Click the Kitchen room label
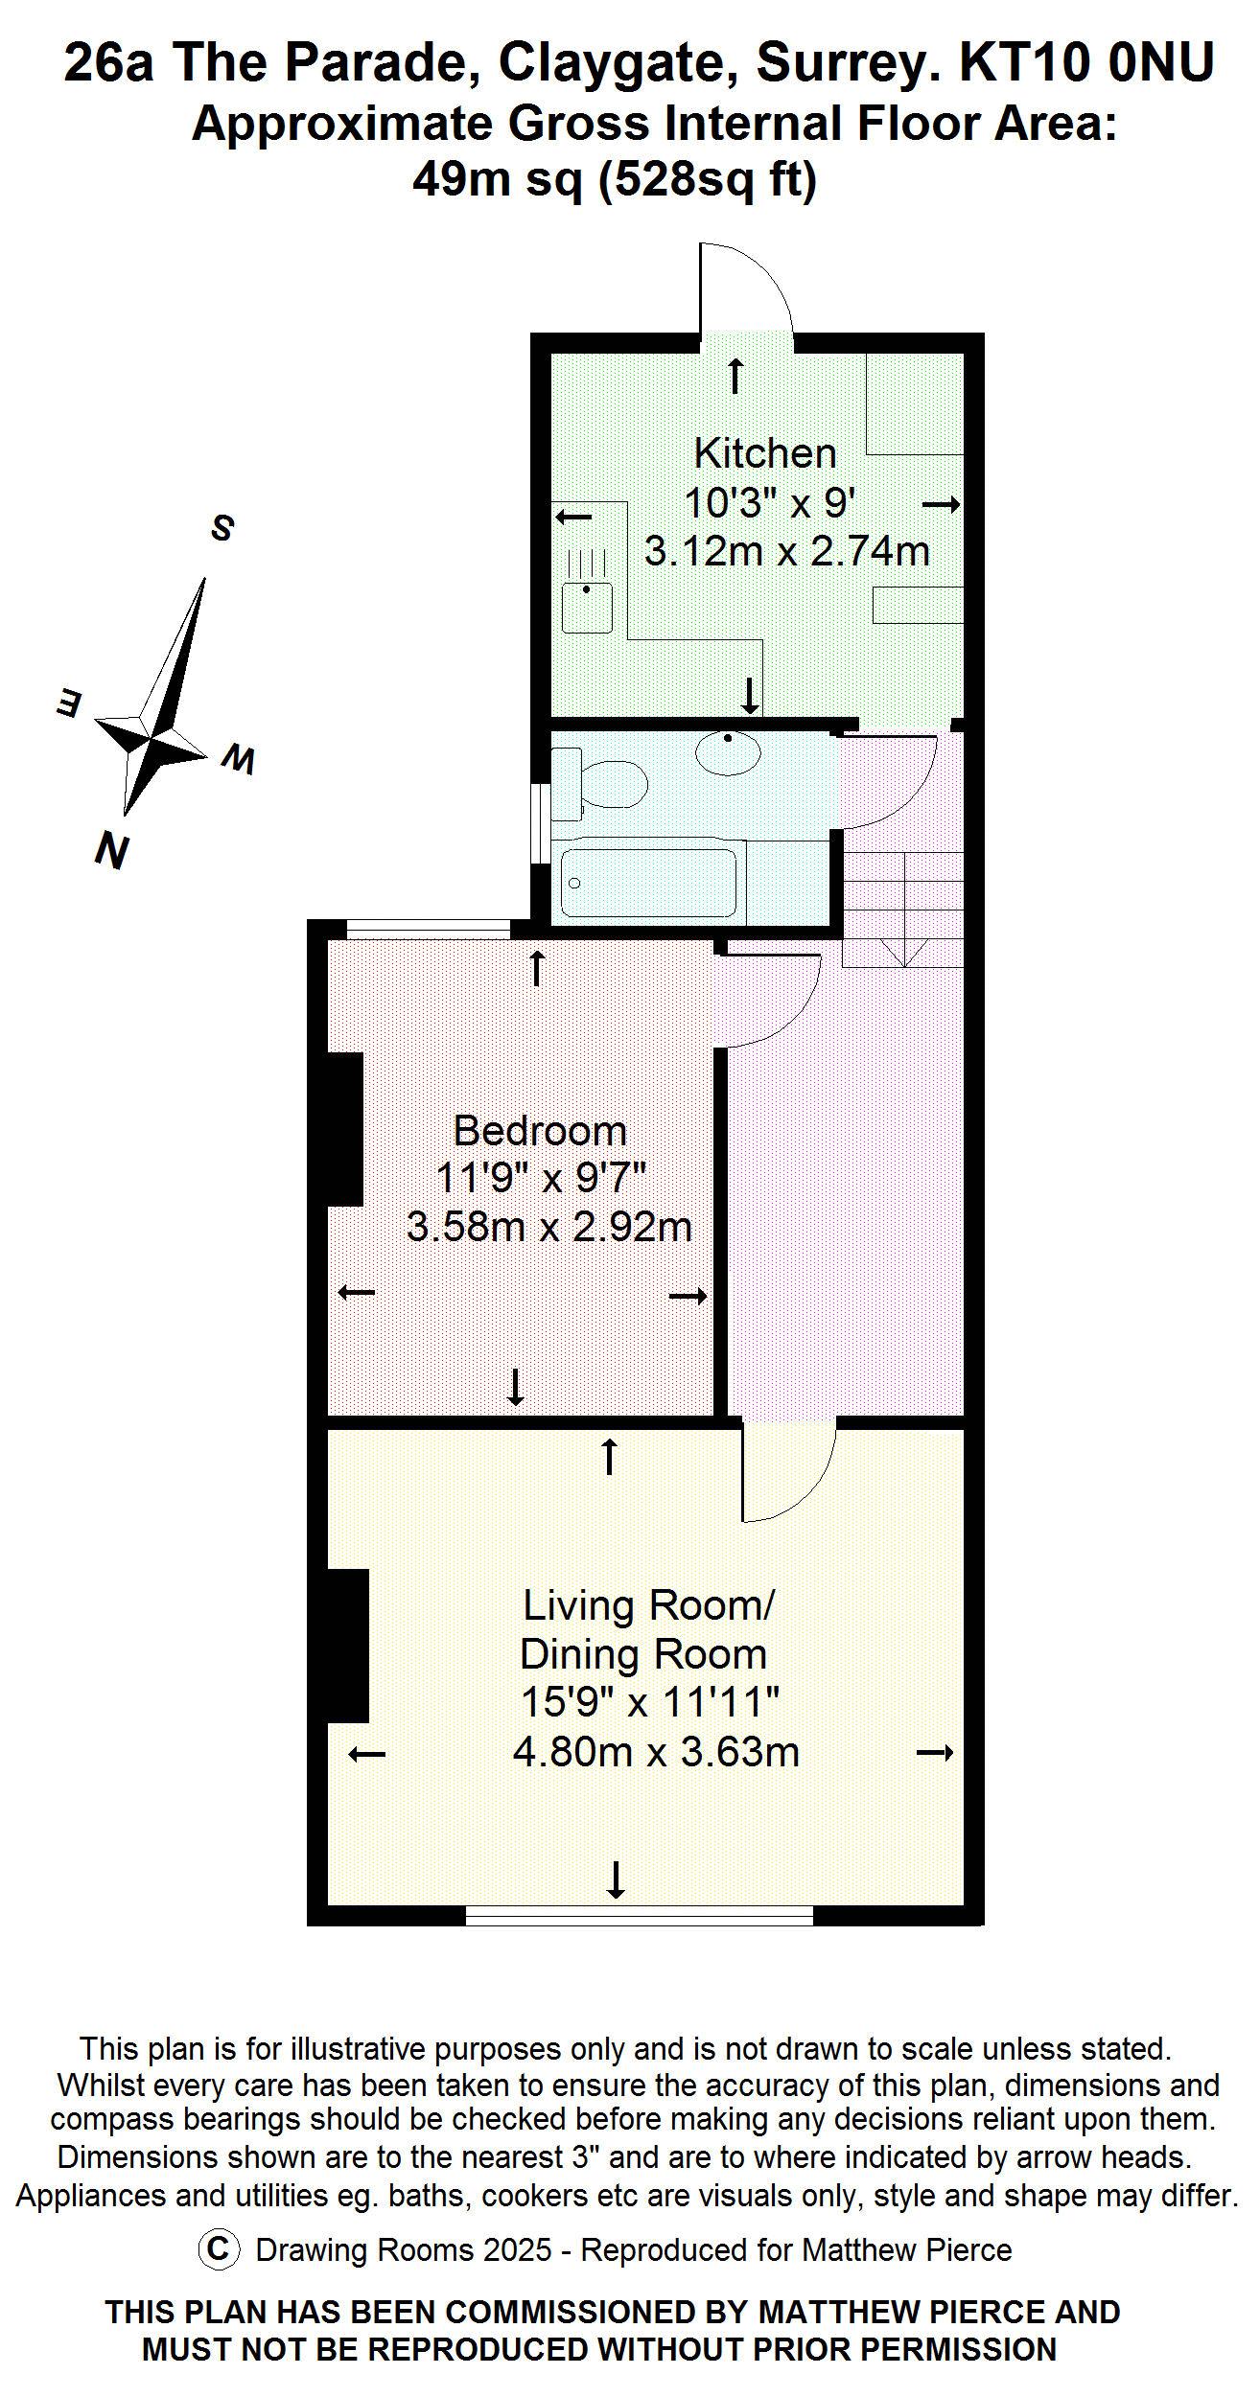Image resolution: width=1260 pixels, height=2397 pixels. click(764, 452)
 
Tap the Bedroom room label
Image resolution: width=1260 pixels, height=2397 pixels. click(540, 1131)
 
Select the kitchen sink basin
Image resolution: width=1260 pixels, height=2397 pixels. click(587, 608)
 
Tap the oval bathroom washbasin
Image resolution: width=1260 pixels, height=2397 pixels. click(728, 752)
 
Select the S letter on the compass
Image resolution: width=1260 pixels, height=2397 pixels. click(222, 527)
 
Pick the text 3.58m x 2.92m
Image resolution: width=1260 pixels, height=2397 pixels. click(548, 1228)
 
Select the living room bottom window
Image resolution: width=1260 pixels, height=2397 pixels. click(640, 1917)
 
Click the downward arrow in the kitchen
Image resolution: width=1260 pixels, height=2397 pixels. click(750, 695)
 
